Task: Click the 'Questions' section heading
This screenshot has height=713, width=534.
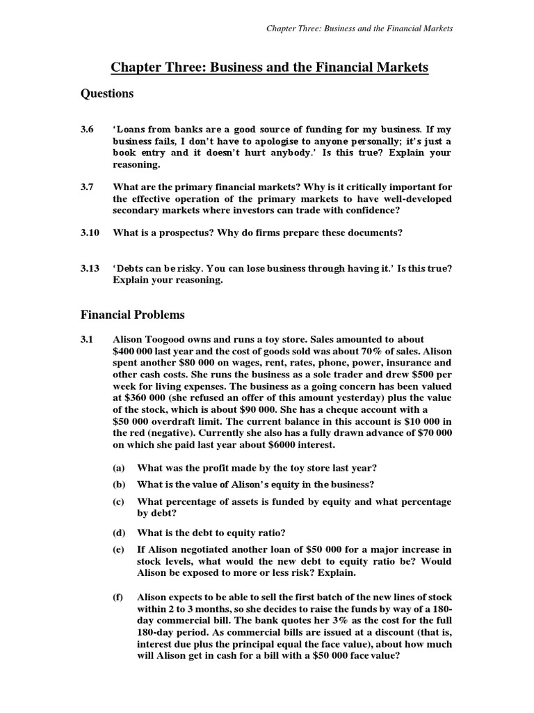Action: pyautogui.click(x=107, y=93)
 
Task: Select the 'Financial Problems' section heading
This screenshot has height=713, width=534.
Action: pyautogui.click(x=132, y=315)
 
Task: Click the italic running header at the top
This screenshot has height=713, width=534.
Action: pyautogui.click(x=360, y=29)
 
